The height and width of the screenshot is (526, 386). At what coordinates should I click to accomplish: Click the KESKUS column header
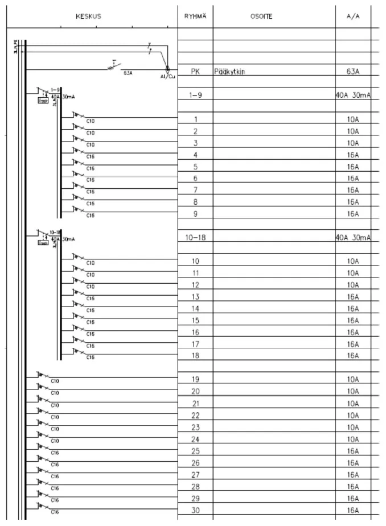[x=88, y=16]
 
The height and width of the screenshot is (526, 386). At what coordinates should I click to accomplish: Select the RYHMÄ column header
[x=195, y=16]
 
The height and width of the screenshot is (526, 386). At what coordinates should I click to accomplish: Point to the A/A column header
[x=352, y=16]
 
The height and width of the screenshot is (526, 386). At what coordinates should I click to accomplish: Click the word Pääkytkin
[x=230, y=72]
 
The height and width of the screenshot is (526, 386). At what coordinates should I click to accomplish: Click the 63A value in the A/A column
[x=352, y=72]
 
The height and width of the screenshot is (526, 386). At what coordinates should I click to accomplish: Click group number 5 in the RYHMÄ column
[x=195, y=167]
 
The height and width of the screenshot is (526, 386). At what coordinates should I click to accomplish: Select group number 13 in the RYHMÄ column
[x=195, y=297]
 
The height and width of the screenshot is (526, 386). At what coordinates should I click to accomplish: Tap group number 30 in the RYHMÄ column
[x=195, y=510]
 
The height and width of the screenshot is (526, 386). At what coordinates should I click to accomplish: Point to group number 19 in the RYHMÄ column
[x=195, y=379]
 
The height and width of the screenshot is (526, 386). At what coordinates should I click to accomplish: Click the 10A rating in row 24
[x=352, y=439]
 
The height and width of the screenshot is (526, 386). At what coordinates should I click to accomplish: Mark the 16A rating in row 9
[x=352, y=214]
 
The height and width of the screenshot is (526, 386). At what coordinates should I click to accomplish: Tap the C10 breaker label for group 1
[x=90, y=121]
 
